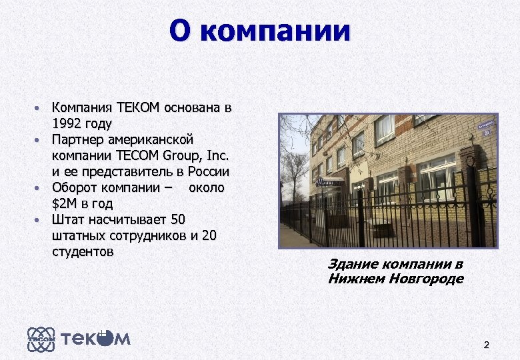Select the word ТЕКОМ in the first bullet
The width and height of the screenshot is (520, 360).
pos(138,107)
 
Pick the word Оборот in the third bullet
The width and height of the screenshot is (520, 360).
pos(75,187)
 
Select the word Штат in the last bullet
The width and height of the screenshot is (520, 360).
pos(67,219)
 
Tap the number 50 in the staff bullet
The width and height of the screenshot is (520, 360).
pos(178,219)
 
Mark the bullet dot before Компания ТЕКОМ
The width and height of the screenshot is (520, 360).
pos(39,108)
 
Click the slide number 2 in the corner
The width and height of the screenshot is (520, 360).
pos(486,345)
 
